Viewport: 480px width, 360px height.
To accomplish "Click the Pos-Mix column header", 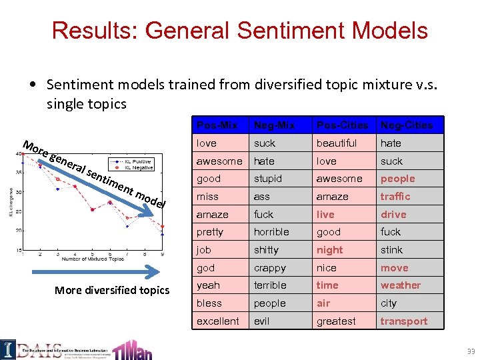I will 217,125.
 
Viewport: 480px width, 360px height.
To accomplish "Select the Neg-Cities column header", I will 406,125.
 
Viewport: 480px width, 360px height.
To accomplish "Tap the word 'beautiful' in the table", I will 337,143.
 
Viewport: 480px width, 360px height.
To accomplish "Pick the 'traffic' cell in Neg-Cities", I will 395,197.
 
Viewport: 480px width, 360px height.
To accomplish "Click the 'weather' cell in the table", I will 400,285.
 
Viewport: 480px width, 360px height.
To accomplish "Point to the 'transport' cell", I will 403,321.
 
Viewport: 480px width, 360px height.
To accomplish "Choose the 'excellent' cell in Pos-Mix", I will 217,321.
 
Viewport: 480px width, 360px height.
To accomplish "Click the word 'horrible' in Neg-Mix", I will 271,232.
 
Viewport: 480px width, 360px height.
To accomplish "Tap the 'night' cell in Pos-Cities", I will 330,250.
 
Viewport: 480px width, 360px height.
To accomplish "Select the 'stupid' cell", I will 268,179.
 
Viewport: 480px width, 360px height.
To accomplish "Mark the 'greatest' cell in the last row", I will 337,321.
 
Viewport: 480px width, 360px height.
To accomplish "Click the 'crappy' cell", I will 270,268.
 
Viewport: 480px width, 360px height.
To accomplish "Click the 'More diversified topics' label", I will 112,290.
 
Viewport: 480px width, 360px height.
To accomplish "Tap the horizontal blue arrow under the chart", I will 93,271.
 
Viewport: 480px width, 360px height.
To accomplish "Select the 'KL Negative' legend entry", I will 137,167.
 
